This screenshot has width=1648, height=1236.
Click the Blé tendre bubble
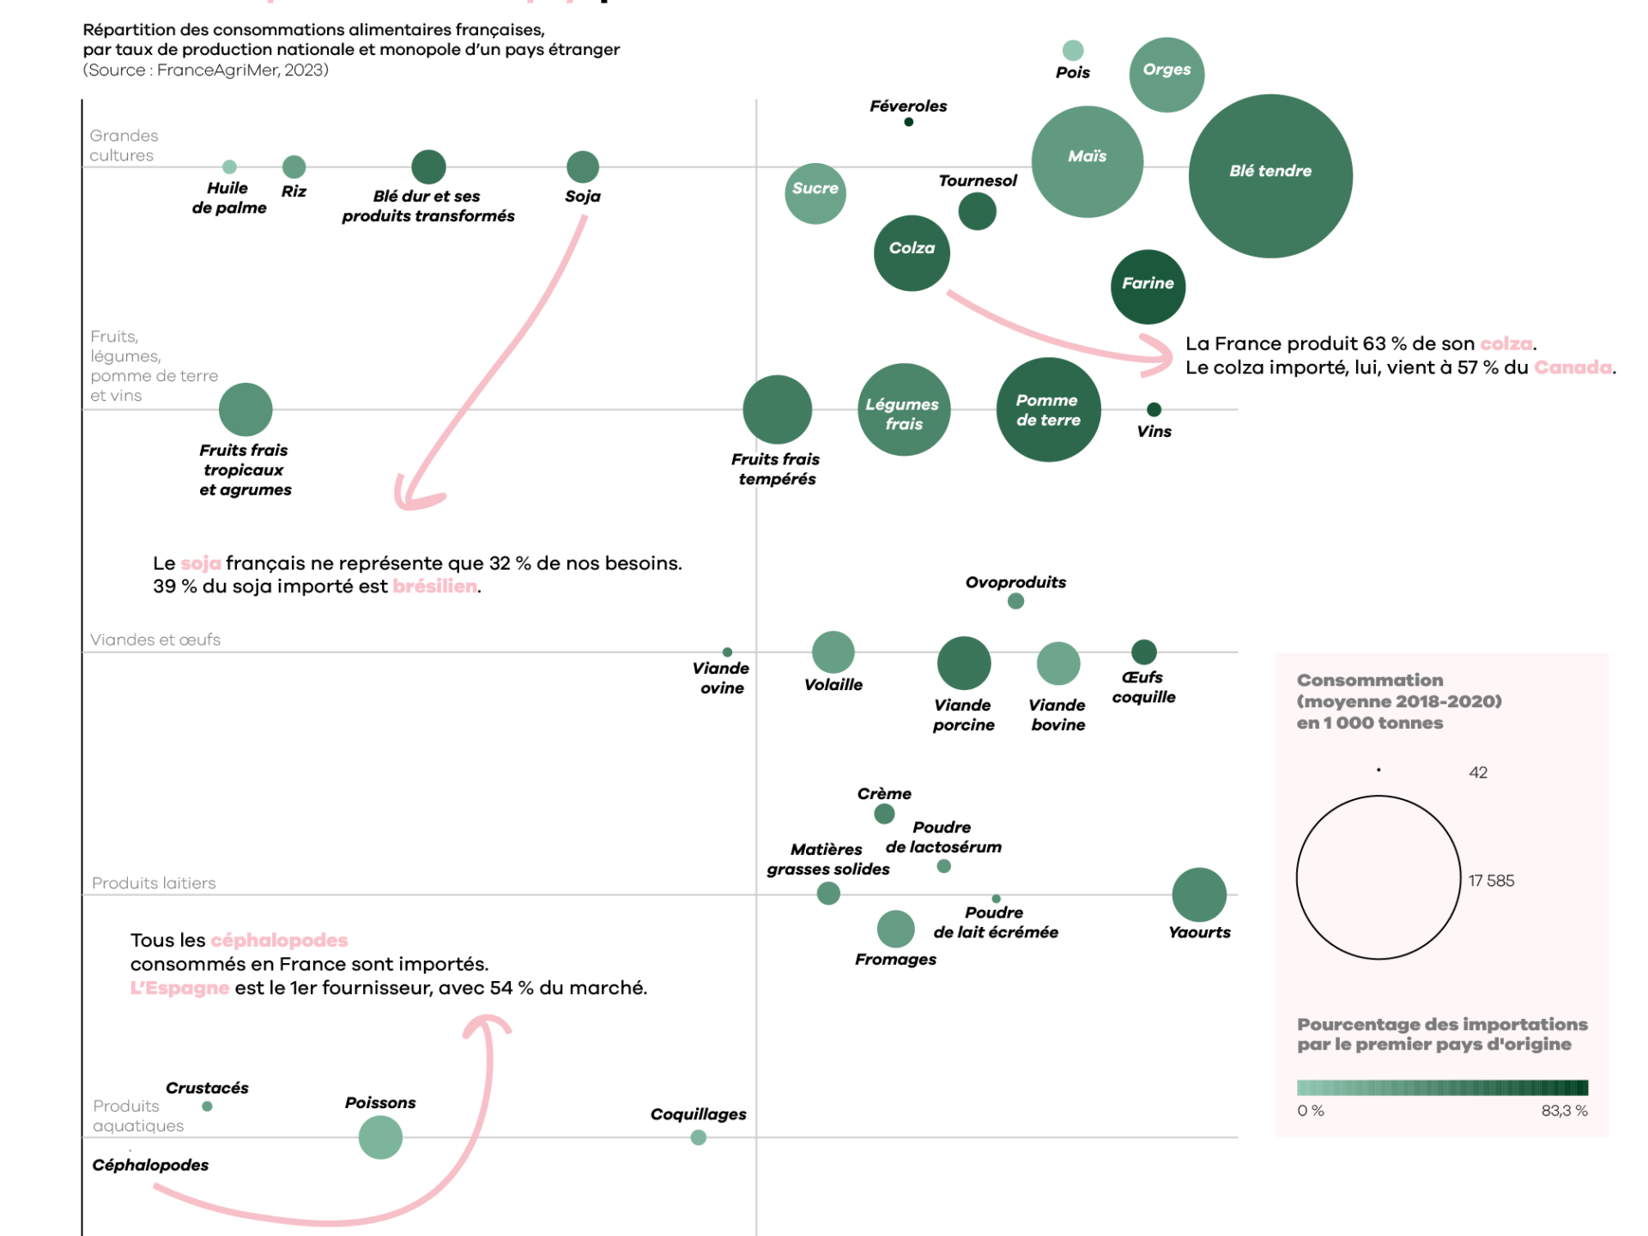tap(1270, 176)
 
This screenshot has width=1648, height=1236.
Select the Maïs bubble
tap(1087, 161)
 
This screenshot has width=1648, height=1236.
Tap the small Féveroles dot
tap(908, 122)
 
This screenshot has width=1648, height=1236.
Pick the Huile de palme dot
tap(229, 167)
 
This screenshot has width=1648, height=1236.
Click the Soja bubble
tap(583, 167)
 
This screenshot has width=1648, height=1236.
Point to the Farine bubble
tap(1148, 287)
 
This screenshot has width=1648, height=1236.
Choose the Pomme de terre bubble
tap(1048, 409)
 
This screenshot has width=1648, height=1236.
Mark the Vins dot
tap(1154, 409)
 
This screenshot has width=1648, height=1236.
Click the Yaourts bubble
tap(1198, 894)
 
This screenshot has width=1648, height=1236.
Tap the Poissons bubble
tap(380, 1137)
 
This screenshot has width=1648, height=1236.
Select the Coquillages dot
tap(699, 1137)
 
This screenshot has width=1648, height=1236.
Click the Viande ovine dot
tap(727, 652)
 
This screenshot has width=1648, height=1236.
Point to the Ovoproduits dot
tap(1015, 601)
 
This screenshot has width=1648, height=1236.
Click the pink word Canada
tap(1572, 367)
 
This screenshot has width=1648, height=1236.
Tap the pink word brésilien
tap(434, 586)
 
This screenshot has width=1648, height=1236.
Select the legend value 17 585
tap(1491, 881)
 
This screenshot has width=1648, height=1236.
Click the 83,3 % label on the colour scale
tap(1564, 1111)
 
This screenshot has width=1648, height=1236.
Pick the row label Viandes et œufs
tap(155, 639)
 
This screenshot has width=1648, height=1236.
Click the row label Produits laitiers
tap(154, 883)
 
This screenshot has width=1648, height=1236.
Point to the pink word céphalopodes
tap(279, 940)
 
